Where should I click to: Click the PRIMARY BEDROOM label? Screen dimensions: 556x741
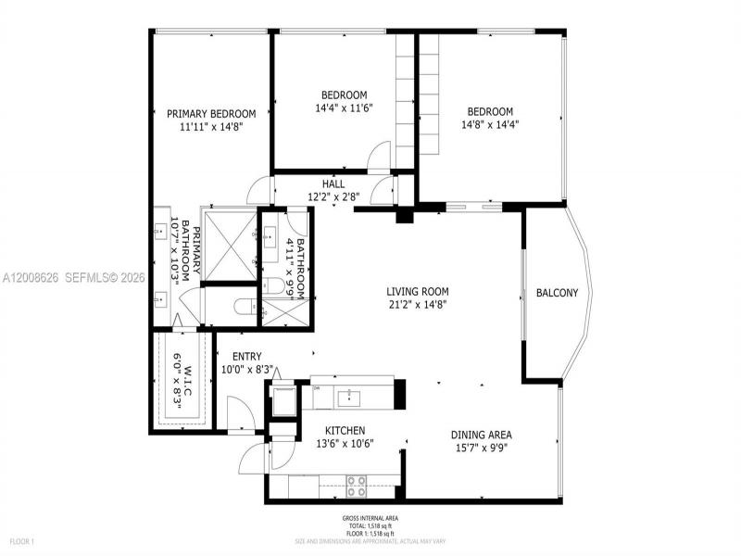pos(210,114)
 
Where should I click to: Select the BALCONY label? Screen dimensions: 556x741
pos(557,294)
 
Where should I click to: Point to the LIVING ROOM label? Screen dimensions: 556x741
pos(418,291)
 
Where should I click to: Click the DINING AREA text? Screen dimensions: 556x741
pos(481,435)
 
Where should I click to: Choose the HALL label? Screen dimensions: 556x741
pos(333,183)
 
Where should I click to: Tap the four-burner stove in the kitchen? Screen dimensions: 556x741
pos(357,484)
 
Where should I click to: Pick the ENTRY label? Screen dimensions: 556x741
pos(246,356)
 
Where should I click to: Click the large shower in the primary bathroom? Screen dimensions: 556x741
pos(228,246)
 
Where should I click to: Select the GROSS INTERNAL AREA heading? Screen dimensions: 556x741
pos(370,518)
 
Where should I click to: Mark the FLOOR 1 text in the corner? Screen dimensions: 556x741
pos(21,540)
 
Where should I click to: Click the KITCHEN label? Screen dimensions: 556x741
pos(345,431)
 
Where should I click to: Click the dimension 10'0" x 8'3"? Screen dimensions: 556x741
pos(246,369)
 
